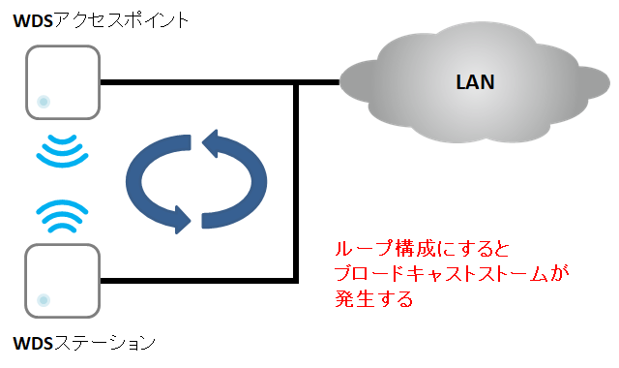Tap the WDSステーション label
click(84, 342)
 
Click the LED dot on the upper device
click(43, 102)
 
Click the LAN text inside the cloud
click(475, 82)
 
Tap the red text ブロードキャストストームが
click(449, 276)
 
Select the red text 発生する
click(371, 299)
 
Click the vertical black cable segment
click(295, 184)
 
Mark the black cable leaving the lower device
click(193, 282)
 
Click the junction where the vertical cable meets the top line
click(295, 82)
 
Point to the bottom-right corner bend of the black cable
click(295, 282)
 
